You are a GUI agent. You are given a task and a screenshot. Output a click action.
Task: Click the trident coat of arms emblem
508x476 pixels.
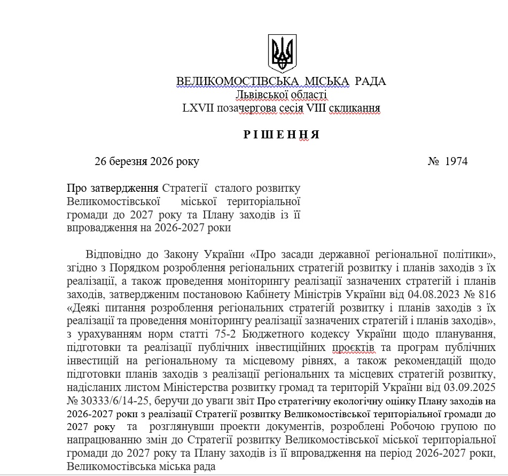(x=282, y=53)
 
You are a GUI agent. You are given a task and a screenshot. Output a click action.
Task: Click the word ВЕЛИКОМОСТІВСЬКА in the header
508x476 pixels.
(x=237, y=82)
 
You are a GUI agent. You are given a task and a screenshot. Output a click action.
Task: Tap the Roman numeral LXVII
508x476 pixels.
(x=198, y=108)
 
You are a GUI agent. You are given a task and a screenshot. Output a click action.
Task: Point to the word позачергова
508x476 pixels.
(x=247, y=108)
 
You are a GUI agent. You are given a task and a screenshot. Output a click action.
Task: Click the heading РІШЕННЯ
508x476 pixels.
(x=282, y=135)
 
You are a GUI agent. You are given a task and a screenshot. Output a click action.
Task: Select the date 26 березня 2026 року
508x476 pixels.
(x=147, y=161)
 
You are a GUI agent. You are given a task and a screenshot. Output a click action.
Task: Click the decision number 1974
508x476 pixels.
(x=456, y=161)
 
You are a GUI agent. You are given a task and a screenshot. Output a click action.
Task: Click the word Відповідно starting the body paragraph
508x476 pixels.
(x=114, y=253)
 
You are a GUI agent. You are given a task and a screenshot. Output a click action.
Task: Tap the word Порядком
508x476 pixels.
(x=136, y=267)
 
